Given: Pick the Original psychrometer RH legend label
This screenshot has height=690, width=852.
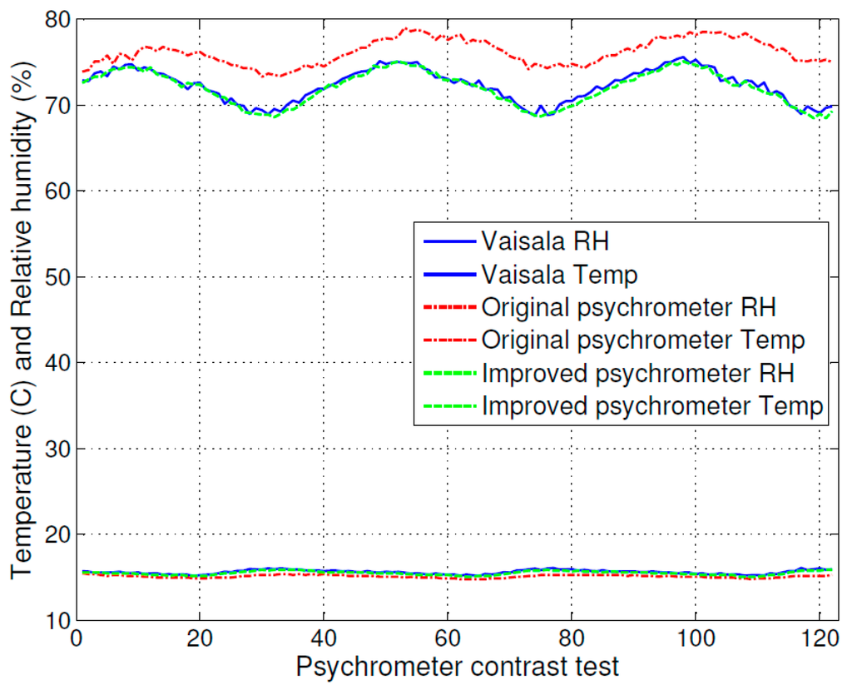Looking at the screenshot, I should [628, 306].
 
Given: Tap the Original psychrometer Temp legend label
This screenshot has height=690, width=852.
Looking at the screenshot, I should [642, 340].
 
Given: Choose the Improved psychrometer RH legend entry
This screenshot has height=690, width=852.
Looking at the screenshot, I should [637, 373].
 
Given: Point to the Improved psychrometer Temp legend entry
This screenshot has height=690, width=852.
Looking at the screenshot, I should [652, 406].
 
